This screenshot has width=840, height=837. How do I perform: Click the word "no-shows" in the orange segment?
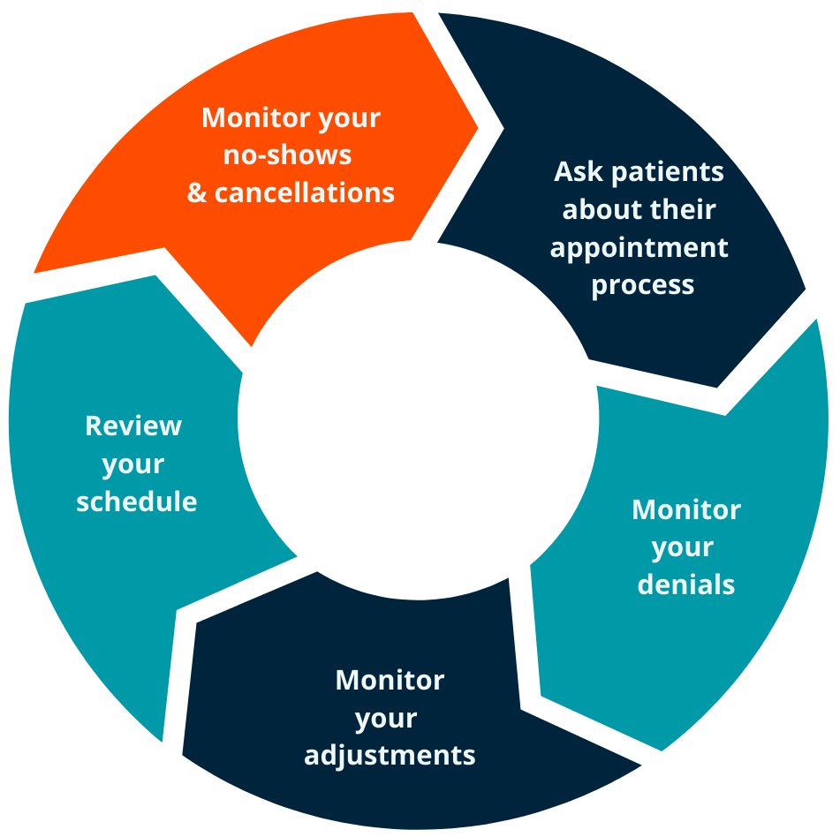287,155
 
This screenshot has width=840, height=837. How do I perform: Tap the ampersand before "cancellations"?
197,192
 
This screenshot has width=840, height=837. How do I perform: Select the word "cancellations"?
304,192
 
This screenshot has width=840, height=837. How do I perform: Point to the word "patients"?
668,172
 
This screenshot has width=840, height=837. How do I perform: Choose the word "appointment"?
639,248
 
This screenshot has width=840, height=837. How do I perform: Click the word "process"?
643,286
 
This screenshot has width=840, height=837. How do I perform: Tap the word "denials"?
685,584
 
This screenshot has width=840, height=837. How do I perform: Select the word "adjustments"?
390,756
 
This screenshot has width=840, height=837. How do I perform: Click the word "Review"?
133,426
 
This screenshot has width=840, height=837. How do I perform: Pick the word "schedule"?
137,501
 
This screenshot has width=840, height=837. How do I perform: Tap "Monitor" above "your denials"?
686,509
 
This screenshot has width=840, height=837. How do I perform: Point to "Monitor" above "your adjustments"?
390,680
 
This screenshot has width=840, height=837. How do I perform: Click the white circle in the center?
419,419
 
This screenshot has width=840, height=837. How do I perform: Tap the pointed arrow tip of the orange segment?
477,127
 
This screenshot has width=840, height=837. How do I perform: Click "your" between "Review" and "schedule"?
132,465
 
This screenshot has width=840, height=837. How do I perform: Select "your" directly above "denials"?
683,548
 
